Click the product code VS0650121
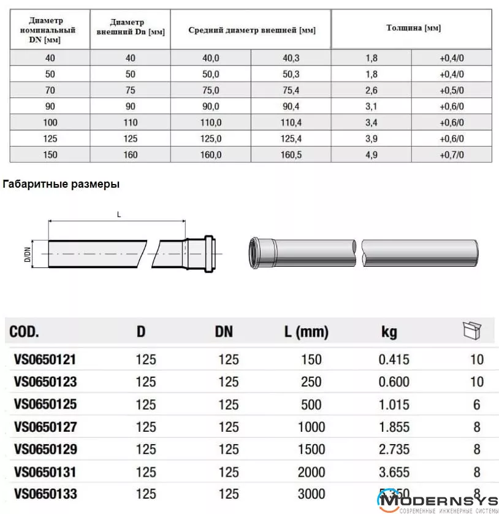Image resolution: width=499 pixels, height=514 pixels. pos(45,359)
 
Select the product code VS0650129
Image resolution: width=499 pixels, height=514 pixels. pos(45,449)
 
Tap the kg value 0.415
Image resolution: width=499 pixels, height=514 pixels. pos(394,359)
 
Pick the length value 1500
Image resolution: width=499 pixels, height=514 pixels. pos(311,449)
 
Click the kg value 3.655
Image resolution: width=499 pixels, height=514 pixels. pos(394,471)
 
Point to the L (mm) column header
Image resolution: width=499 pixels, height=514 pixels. pos(306,332)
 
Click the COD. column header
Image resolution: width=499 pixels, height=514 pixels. pos(25,332)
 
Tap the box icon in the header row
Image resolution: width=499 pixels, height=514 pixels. pos(471,331)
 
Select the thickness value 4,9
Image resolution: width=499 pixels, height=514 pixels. pos(371,155)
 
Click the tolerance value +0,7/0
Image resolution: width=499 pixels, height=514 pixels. pos(452,155)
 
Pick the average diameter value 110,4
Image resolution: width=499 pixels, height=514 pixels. pos(291,122)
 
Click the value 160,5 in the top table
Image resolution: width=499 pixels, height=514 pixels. pos(291,155)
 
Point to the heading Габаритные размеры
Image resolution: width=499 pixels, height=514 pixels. pos(61,183)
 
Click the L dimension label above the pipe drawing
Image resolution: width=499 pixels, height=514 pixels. pos(118,214)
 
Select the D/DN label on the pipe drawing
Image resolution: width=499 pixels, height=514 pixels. pos(28,253)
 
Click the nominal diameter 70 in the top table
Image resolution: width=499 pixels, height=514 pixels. pos(50,90)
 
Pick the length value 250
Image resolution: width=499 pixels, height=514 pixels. pos(311,382)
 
